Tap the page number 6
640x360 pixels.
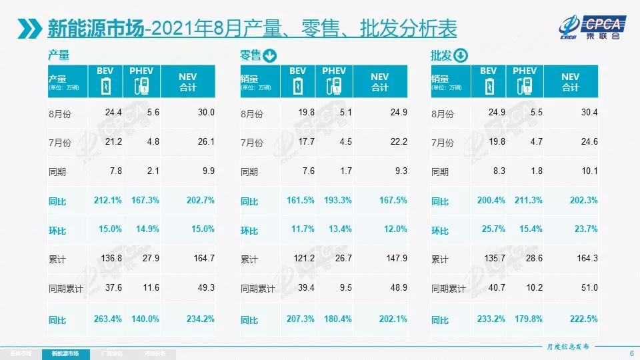click(x=631, y=353)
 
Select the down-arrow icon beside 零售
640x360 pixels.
click(x=269, y=55)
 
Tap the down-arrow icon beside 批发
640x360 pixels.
click(x=461, y=55)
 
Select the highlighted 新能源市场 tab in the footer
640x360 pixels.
click(x=69, y=353)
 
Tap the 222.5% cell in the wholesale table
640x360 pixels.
click(x=584, y=319)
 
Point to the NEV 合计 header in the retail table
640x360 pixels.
click(x=379, y=82)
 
